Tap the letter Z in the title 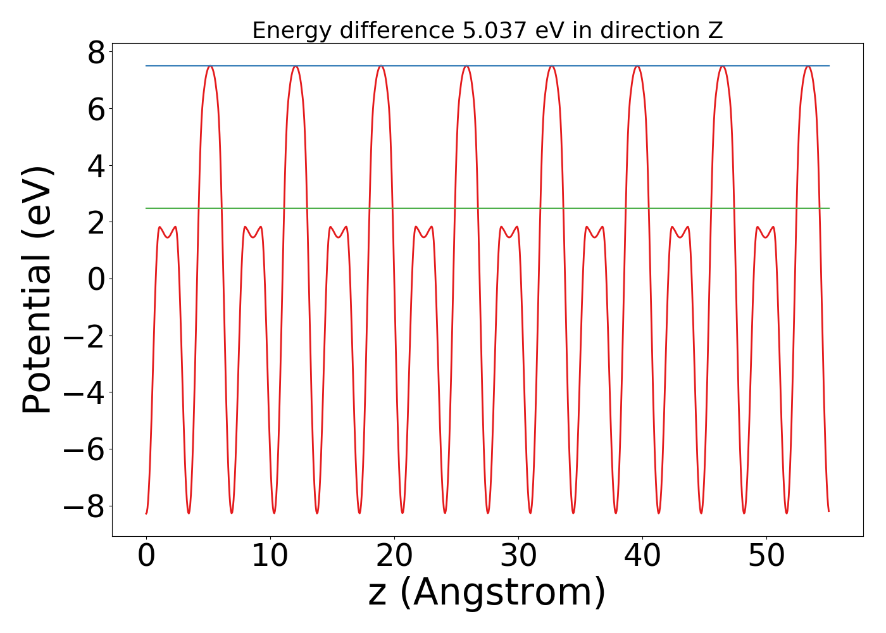coord(715,30)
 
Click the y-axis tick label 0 coord(96,279)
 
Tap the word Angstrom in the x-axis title coord(503,593)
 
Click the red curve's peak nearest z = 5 coord(210,66)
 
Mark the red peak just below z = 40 coord(637,66)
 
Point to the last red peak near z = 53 coord(808,66)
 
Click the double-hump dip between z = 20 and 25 coord(423,237)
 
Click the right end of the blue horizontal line coord(828,66)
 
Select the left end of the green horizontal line coord(147,208)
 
